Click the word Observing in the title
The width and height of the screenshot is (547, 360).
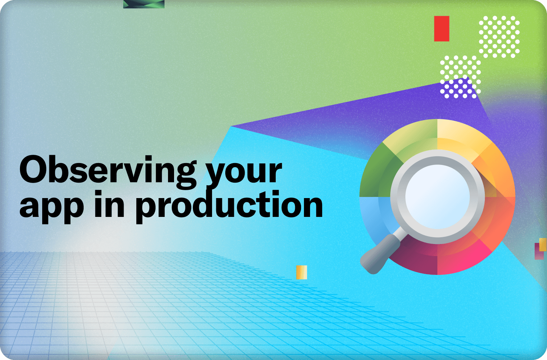pos(108,172)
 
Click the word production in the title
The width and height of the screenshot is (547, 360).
pos(229,207)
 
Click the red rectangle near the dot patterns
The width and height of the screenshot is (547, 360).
pos(442,29)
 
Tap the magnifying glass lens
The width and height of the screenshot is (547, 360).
pos(437,197)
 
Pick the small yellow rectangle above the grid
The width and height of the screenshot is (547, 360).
pos(302,272)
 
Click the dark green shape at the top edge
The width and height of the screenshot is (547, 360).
pos(144,4)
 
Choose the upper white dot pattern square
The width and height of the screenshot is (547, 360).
pos(499,37)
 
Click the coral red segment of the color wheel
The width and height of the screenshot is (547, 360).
pos(498,220)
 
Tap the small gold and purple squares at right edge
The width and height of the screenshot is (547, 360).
pos(540,249)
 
